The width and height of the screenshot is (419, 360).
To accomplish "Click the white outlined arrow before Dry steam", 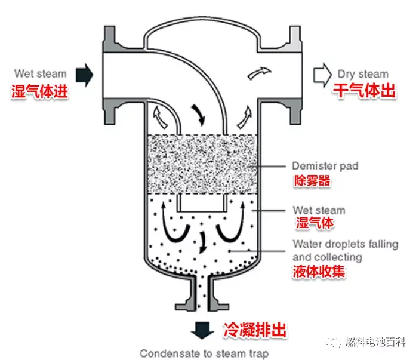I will (x=322, y=75).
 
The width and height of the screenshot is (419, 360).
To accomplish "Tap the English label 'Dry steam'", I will (x=363, y=74).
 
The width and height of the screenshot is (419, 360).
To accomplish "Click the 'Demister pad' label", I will (x=325, y=166).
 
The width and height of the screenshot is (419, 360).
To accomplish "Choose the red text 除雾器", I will (x=312, y=181).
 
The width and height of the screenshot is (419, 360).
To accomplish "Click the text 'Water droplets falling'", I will (x=345, y=244).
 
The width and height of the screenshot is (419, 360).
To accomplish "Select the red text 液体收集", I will (x=319, y=272).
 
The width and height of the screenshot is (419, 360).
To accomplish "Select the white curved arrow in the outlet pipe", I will (x=257, y=73).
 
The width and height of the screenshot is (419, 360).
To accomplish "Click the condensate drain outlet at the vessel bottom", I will (x=204, y=296).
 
